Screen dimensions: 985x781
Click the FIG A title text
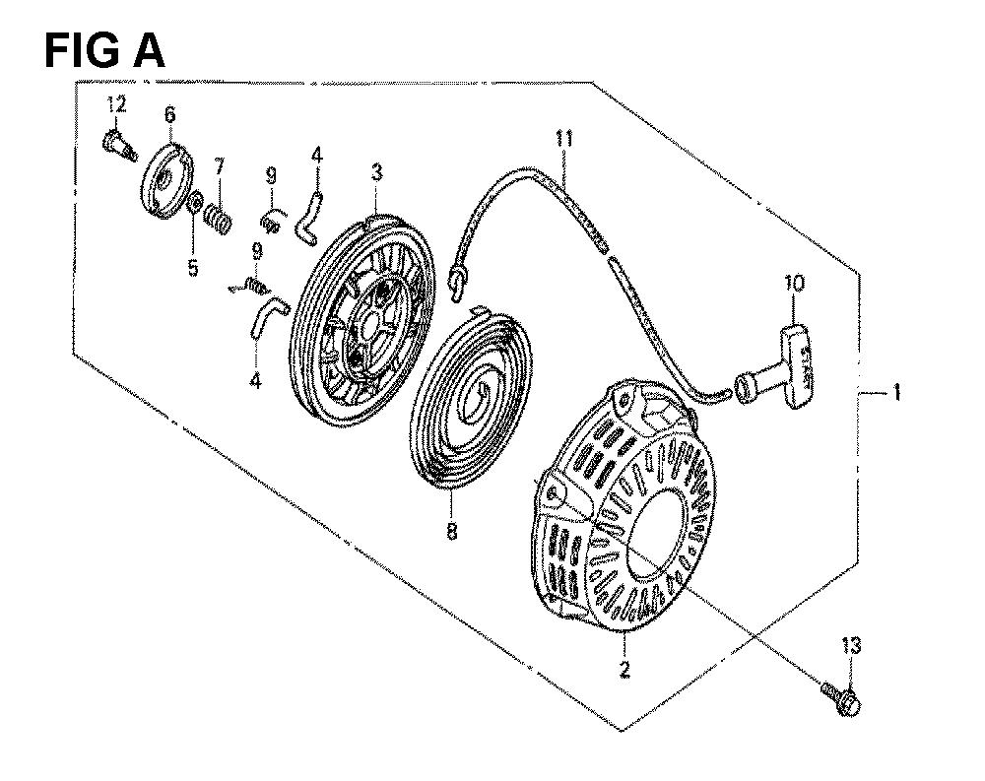pyautogui.click(x=105, y=50)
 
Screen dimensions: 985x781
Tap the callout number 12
pyautogui.click(x=116, y=104)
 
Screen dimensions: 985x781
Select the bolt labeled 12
pyautogui.click(x=119, y=146)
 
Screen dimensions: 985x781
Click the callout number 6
pyautogui.click(x=170, y=114)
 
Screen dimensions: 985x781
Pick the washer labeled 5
pyautogui.click(x=195, y=203)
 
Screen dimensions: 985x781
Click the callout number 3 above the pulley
pyautogui.click(x=376, y=171)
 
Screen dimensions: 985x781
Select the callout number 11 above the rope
pyautogui.click(x=564, y=138)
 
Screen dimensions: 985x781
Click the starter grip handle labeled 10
pyautogui.click(x=774, y=367)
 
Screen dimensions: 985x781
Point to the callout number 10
pyautogui.click(x=794, y=283)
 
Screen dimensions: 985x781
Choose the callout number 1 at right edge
pyautogui.click(x=897, y=393)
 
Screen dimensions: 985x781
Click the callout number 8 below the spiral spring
pyautogui.click(x=451, y=531)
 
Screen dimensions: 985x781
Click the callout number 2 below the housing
pyautogui.click(x=624, y=669)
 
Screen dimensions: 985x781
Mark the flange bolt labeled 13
pyautogui.click(x=841, y=697)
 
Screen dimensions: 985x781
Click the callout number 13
pyautogui.click(x=851, y=645)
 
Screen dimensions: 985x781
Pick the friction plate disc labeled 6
pyautogui.click(x=165, y=181)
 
